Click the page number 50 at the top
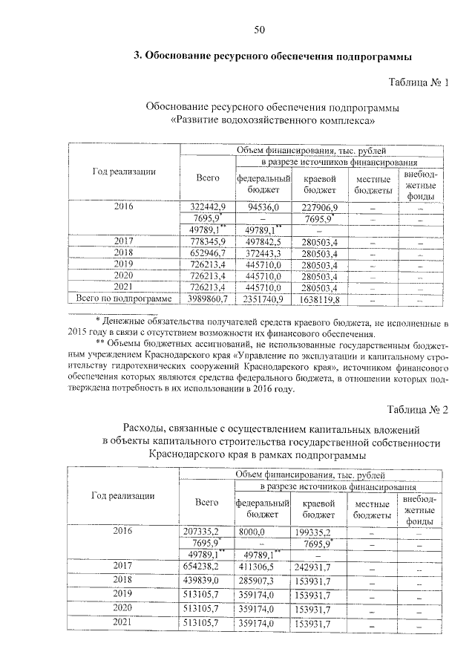259,30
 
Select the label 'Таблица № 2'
419,409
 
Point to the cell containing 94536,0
263,207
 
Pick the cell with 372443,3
263,253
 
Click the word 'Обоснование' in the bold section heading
181,56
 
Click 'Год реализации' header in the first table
124,172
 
